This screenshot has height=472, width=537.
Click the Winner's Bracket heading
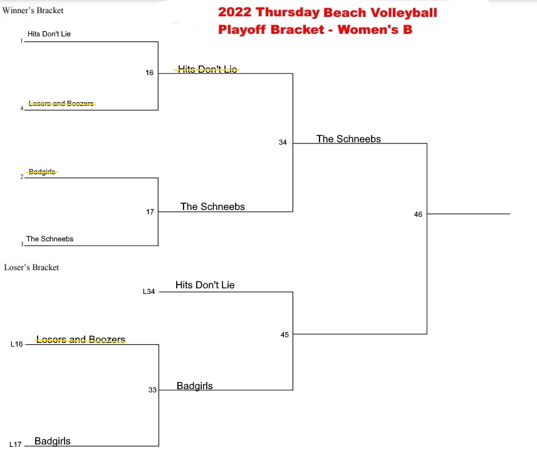point(33,11)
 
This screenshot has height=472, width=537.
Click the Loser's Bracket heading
point(31,268)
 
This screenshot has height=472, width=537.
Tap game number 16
point(149,73)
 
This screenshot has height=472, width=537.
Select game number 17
point(150,212)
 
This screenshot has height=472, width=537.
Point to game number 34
point(283,142)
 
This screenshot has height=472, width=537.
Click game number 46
point(418,214)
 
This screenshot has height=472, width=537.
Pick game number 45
point(284,335)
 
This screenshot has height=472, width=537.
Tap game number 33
point(152,390)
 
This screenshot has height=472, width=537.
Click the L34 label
point(149,291)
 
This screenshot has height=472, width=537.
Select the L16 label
point(17,344)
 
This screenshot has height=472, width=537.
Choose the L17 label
point(16,444)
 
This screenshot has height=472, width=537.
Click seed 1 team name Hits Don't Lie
point(49,34)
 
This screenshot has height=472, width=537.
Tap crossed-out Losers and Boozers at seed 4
point(61,103)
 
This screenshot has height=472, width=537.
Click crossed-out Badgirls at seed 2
point(42,172)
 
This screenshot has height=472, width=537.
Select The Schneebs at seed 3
point(50,239)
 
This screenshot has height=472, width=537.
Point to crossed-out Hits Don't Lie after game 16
point(207,70)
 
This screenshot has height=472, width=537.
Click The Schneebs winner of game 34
point(348,139)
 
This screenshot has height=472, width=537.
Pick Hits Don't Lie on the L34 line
point(205,285)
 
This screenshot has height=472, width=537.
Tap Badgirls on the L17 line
point(53,441)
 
